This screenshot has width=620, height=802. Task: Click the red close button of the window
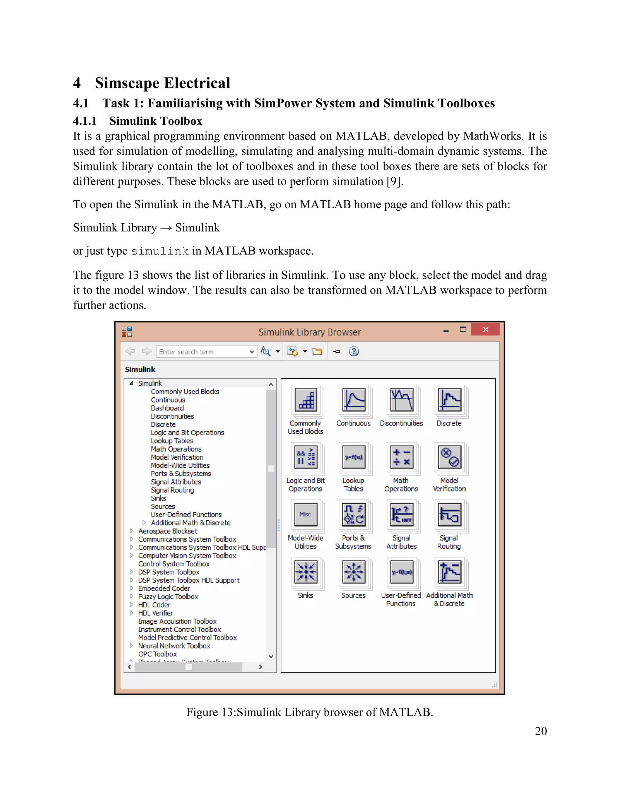pyautogui.click(x=485, y=329)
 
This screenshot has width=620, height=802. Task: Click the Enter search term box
pyautogui.click(x=202, y=351)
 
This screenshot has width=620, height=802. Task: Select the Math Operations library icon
pyautogui.click(x=401, y=458)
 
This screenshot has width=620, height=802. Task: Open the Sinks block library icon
pyautogui.click(x=305, y=572)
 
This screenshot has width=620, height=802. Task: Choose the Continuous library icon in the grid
pyautogui.click(x=353, y=400)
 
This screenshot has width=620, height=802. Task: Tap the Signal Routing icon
pyautogui.click(x=449, y=515)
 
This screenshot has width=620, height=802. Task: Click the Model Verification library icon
pyautogui.click(x=449, y=458)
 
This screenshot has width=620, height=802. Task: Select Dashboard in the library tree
pyautogui.click(x=167, y=408)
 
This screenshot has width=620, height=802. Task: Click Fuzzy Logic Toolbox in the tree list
pyautogui.click(x=168, y=597)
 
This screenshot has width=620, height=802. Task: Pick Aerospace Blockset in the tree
pyautogui.click(x=167, y=531)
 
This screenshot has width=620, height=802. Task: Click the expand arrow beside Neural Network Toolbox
pyautogui.click(x=131, y=646)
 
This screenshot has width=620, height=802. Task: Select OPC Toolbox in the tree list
pyautogui.click(x=157, y=654)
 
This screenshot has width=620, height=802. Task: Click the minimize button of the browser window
pyautogui.click(x=446, y=330)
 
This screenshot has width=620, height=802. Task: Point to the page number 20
pyautogui.click(x=541, y=731)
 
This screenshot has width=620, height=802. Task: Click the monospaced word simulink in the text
pyautogui.click(x=160, y=251)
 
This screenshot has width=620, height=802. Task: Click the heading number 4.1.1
pyautogui.click(x=85, y=121)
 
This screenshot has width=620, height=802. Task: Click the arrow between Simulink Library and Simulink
pyautogui.click(x=166, y=228)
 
